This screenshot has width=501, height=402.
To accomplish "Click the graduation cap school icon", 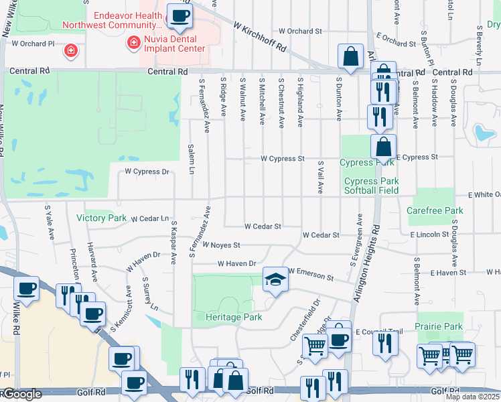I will (x=275, y=280).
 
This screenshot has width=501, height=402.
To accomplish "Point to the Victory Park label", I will (x=101, y=218).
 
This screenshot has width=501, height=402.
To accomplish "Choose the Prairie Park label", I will (x=439, y=326).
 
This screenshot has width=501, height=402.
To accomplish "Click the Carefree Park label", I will (x=435, y=210).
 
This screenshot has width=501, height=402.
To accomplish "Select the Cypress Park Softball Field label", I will (x=372, y=186).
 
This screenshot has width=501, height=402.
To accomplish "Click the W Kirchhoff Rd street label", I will (x=260, y=36).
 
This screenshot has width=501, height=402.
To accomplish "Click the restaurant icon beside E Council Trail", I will (x=385, y=343).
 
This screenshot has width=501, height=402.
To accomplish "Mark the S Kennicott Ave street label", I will (x=119, y=315).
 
